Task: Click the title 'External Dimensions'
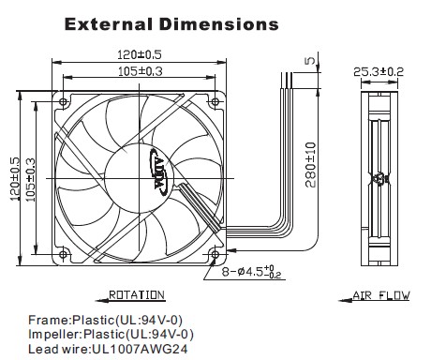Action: [x=171, y=24]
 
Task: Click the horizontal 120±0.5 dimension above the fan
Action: [x=140, y=54]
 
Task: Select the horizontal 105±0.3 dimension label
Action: [x=141, y=71]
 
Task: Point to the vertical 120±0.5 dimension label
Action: [x=14, y=179]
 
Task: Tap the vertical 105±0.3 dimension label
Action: [x=30, y=180]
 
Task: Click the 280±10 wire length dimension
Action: [x=311, y=165]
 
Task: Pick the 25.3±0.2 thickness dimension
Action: [x=379, y=72]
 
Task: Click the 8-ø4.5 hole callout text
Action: [x=252, y=271]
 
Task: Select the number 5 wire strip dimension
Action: [x=310, y=60]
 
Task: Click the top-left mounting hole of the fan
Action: [x=64, y=102]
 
